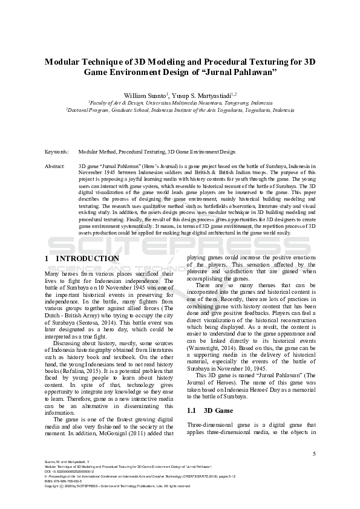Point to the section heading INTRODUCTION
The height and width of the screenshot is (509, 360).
88,259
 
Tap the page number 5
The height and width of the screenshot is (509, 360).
313,453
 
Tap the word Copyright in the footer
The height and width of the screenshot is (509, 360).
54,486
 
